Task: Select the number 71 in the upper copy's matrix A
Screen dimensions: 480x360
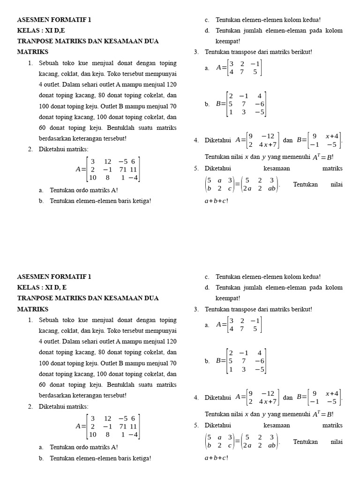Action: pyautogui.click(x=123, y=170)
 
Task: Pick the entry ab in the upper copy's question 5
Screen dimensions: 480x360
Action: pyautogui.click(x=272, y=188)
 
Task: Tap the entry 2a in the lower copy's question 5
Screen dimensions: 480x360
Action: pyautogui.click(x=247, y=445)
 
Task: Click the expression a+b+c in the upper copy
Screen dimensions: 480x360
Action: pyautogui.click(x=215, y=201)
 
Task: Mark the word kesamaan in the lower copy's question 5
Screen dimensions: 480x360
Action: pyautogui.click(x=277, y=425)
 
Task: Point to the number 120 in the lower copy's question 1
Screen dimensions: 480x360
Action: pyautogui.click(x=172, y=342)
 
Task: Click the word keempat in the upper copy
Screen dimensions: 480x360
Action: pyautogui.click(x=227, y=41)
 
